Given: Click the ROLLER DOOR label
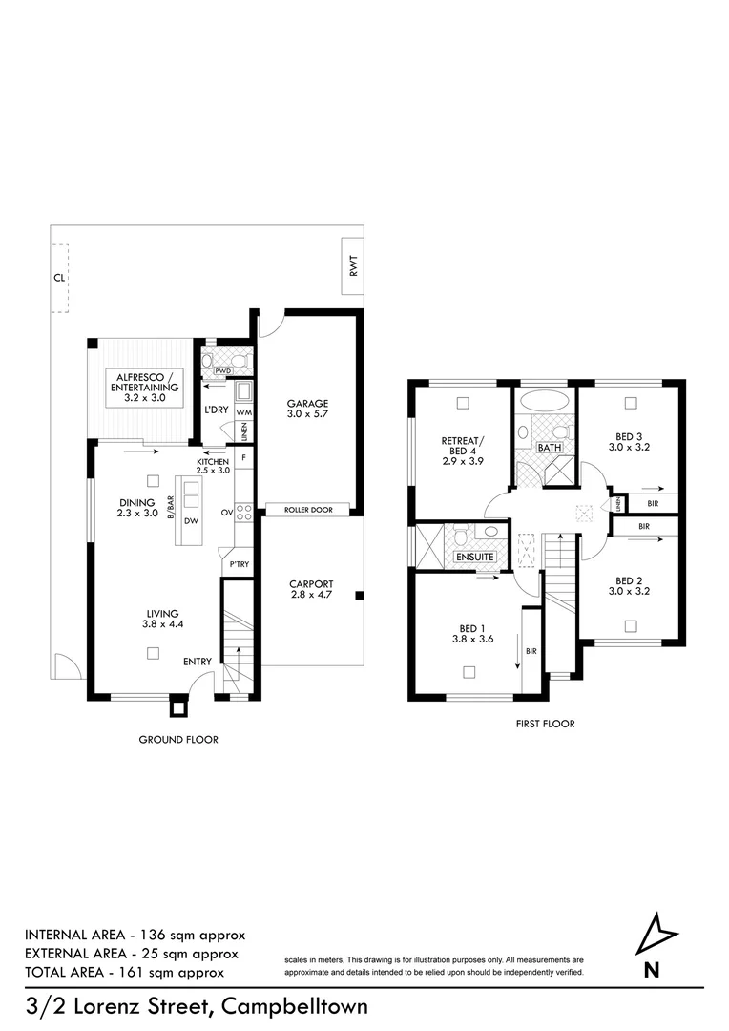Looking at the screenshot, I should [307, 510].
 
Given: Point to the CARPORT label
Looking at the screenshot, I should [308, 589].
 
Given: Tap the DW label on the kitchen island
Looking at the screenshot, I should [191, 521].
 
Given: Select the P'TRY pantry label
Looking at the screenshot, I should [236, 565].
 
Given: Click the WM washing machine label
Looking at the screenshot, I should [243, 411].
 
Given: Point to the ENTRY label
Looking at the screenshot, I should [198, 661].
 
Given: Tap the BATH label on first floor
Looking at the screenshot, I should [549, 447].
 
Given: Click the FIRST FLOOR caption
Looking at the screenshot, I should [545, 724].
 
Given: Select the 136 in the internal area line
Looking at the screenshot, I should [156, 934].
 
